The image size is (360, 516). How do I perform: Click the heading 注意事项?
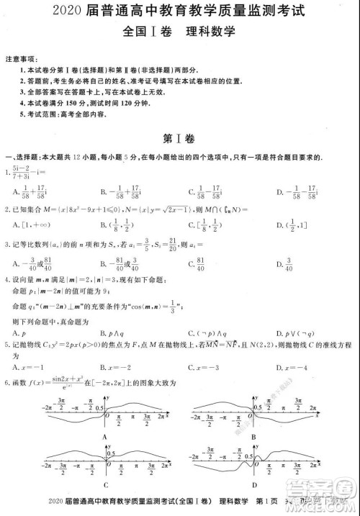point(19,57)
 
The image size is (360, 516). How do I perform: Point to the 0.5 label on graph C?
point(112,454)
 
